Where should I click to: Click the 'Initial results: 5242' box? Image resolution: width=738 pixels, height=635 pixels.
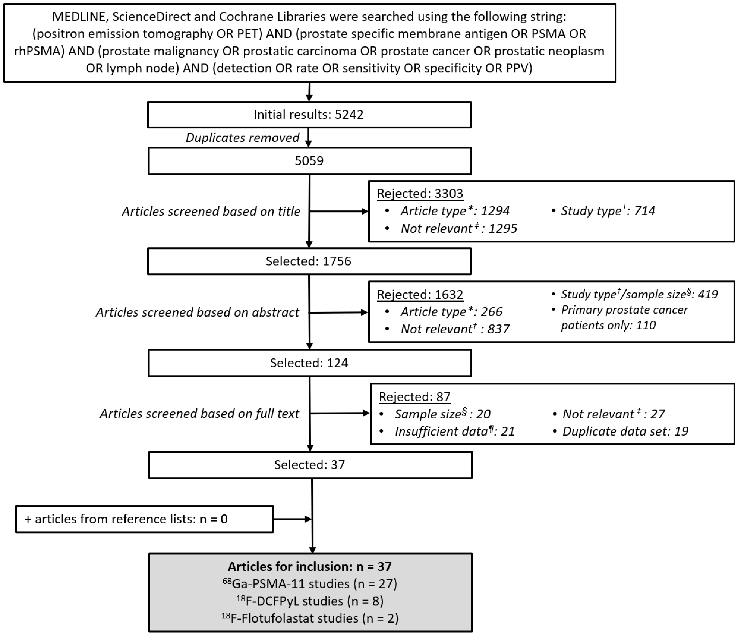pyautogui.click(x=309, y=115)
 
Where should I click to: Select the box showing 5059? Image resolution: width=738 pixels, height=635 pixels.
pyautogui.click(x=309, y=161)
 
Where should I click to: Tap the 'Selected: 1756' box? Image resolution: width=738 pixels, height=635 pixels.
pyautogui.click(x=309, y=261)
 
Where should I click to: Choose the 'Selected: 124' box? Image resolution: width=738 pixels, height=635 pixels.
pyautogui.click(x=309, y=363)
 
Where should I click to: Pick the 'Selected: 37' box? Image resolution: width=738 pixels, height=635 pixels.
pyautogui.click(x=310, y=465)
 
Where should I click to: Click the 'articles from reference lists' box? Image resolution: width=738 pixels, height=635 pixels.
pyautogui.click(x=144, y=519)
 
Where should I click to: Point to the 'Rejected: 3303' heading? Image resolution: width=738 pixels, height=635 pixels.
pyautogui.click(x=420, y=193)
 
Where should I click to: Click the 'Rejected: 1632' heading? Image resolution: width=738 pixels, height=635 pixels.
pyautogui.click(x=420, y=294)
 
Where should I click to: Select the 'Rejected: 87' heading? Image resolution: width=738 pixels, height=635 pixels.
pyautogui.click(x=415, y=397)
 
